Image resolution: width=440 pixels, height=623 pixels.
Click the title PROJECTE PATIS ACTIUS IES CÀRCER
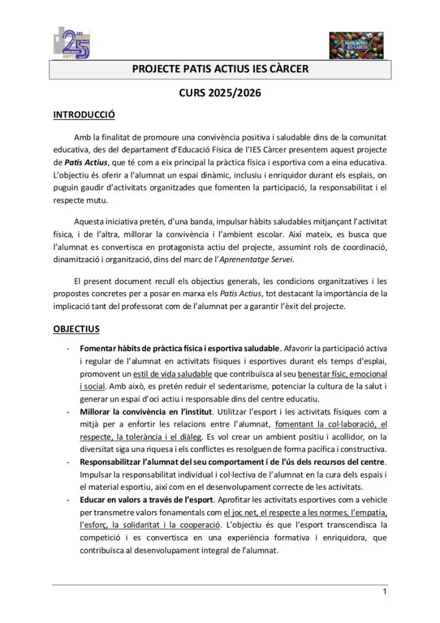coord(220,70)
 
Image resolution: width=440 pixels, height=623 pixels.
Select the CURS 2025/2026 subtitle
coord(220,94)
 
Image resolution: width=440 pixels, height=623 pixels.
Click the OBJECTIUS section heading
coord(77,329)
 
